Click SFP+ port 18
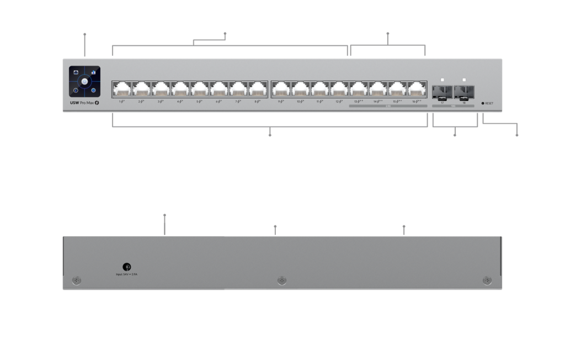pos(464,90)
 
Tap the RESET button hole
pos(483,103)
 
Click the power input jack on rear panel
pos(126,267)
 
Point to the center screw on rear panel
pos(281,281)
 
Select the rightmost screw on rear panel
pos(486,281)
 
